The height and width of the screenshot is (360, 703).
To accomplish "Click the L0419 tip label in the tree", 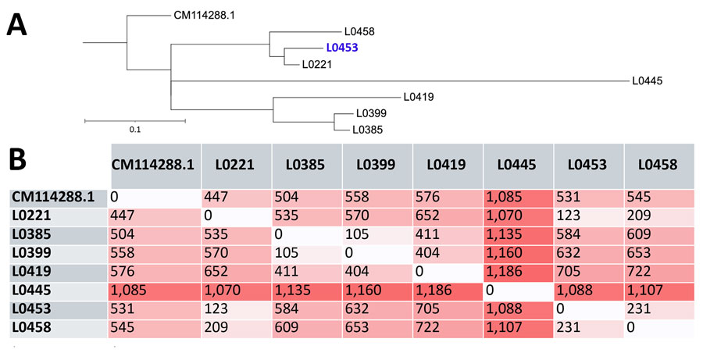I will click(x=419, y=97).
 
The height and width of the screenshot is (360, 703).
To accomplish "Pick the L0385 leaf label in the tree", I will click(x=367, y=130).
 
